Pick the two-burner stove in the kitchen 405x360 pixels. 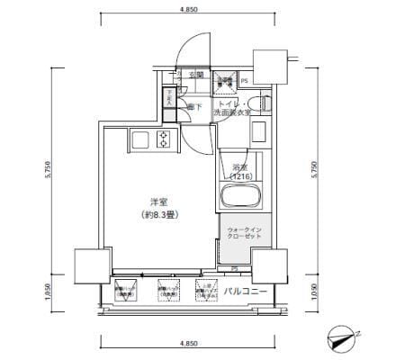[x=164, y=139]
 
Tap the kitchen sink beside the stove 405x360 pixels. [x=139, y=139]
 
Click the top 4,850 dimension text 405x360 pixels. [x=190, y=12]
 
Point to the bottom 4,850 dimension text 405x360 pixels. [x=190, y=345]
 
